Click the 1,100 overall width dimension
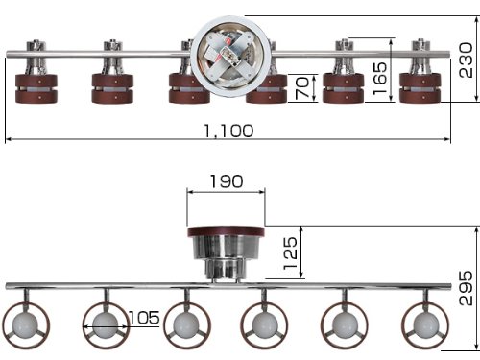pyautogui.click(x=228, y=131)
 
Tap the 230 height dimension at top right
pyautogui.click(x=466, y=60)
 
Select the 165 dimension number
pyautogui.click(x=380, y=78)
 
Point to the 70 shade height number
pyautogui.click(x=301, y=88)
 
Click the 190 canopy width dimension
pyautogui.click(x=227, y=181)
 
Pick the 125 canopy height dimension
pyautogui.click(x=291, y=253)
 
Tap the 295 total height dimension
pyautogui.click(x=466, y=288)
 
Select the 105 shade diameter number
pyautogui.click(x=144, y=318)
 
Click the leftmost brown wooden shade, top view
pyautogui.click(x=36, y=88)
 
